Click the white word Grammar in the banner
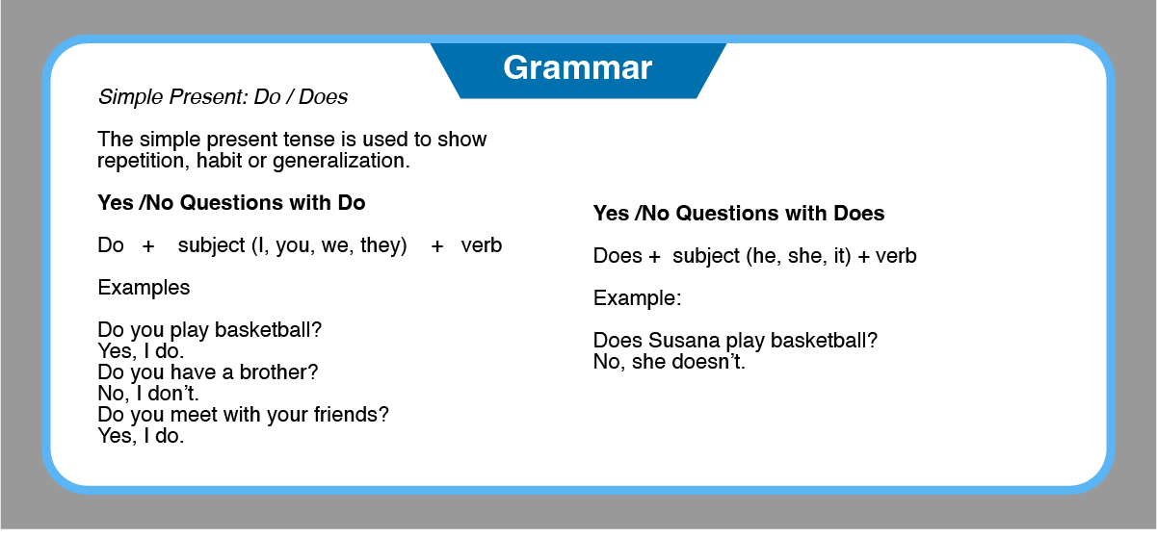577,67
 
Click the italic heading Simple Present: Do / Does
223,97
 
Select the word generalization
341,161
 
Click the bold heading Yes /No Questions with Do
231,203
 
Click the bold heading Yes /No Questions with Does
739,214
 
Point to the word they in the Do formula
381,245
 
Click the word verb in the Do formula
482,246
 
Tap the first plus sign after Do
148,246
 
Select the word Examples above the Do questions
144,288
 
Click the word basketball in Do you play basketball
268,329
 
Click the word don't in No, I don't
173,394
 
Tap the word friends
351,415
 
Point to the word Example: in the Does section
637,298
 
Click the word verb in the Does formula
896,256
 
